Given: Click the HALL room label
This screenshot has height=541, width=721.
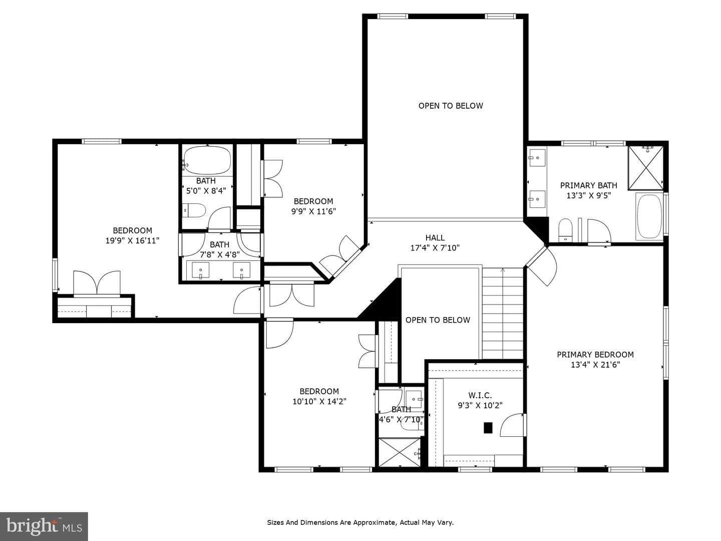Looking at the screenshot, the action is pyautogui.click(x=435, y=237).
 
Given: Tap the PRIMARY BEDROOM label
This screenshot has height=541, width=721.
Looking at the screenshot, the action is pyautogui.click(x=595, y=355).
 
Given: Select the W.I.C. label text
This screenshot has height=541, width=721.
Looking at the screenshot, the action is pyautogui.click(x=480, y=395).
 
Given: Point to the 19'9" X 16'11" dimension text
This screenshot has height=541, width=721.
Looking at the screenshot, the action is pyautogui.click(x=132, y=241).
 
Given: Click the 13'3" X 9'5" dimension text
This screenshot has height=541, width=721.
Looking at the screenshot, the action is pyautogui.click(x=589, y=196).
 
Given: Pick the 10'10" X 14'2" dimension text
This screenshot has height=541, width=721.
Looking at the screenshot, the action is pyautogui.click(x=319, y=401).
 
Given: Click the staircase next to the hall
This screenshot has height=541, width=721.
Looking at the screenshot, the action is pyautogui.click(x=503, y=314).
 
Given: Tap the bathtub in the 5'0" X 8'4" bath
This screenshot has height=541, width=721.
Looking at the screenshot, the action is pyautogui.click(x=207, y=160).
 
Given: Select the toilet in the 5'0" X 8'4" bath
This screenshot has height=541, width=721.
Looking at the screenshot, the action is pyautogui.click(x=194, y=210).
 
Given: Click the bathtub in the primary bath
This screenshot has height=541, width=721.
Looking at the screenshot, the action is pyautogui.click(x=649, y=216).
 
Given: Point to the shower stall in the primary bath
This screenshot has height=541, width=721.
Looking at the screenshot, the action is pyautogui.click(x=646, y=168).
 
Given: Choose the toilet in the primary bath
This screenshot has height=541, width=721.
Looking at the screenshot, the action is pyautogui.click(x=565, y=229).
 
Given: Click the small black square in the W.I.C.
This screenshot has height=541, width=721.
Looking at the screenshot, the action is pyautogui.click(x=488, y=428).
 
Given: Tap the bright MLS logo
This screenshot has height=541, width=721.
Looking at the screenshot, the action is pyautogui.click(x=44, y=526).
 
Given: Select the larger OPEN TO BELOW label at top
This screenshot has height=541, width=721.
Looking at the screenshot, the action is pyautogui.click(x=451, y=106).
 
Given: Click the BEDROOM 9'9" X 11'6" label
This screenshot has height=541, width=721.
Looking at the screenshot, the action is pyautogui.click(x=314, y=206).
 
